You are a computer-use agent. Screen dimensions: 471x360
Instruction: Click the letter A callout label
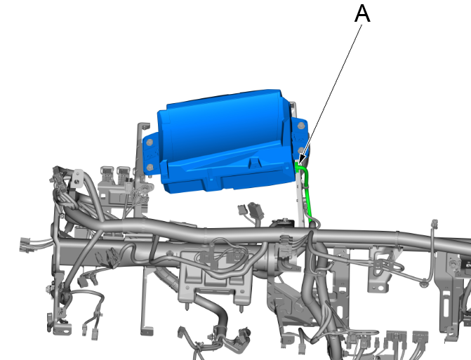point(362,14)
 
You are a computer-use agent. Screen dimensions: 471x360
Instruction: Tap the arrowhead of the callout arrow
point(301,159)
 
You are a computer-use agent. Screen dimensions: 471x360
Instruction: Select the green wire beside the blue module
point(307,195)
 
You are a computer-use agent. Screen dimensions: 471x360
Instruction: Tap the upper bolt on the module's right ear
point(301,126)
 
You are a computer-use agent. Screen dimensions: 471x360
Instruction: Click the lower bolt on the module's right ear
point(300,150)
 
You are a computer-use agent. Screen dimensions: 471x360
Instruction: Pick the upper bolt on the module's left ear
point(150,142)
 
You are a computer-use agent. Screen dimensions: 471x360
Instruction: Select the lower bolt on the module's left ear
point(150,167)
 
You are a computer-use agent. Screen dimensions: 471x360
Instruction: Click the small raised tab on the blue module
point(254,163)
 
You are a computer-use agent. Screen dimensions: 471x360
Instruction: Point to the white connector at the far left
point(25,245)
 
